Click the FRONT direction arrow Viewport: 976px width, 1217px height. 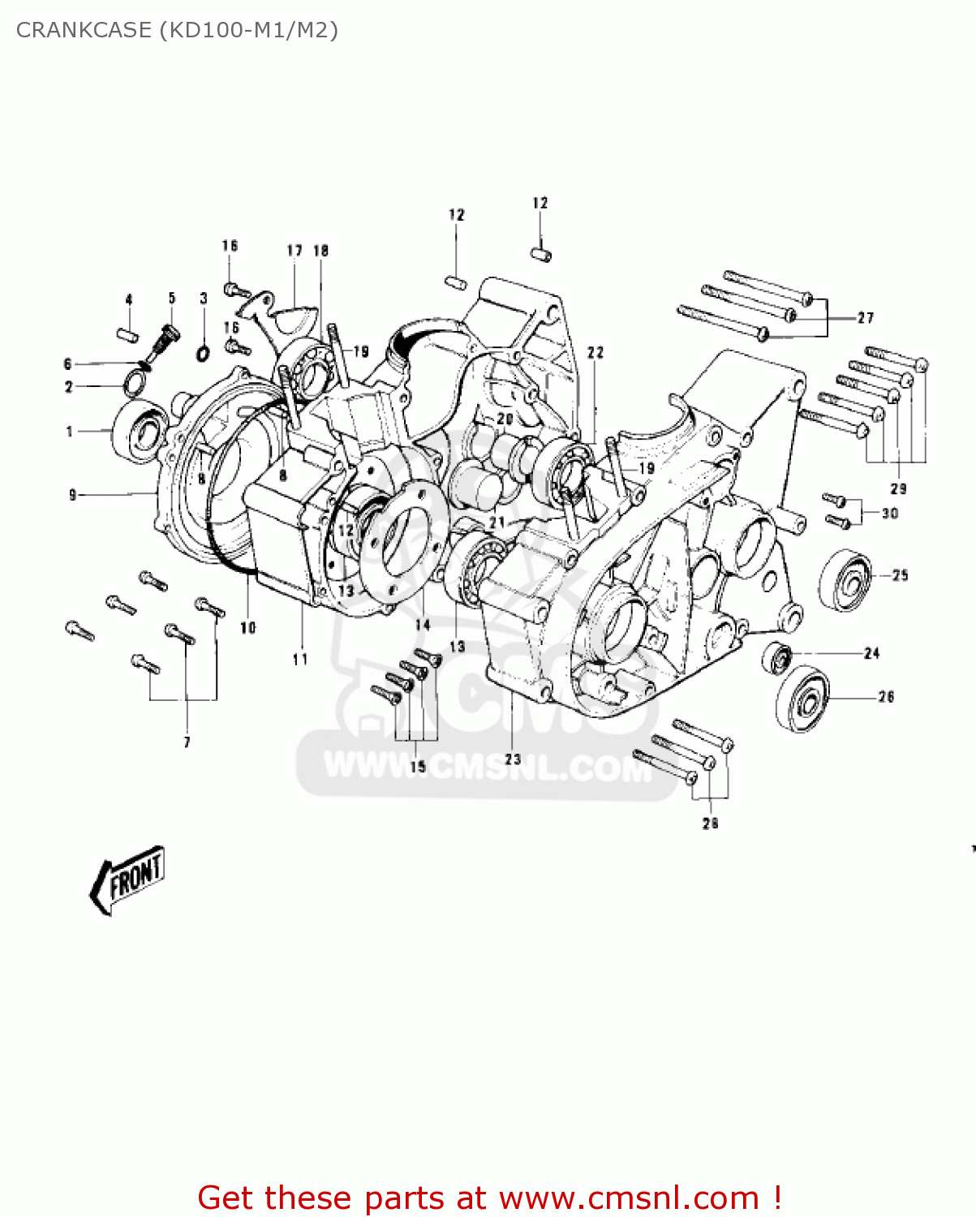(128, 879)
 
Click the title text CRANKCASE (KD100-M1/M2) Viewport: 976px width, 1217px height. (177, 30)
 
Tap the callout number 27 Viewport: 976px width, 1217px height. (866, 318)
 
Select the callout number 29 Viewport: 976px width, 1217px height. (898, 488)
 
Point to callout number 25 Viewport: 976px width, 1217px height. (901, 575)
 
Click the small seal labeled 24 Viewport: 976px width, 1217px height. (778, 656)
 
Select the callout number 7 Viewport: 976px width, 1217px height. (187, 742)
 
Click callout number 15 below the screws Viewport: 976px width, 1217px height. (418, 767)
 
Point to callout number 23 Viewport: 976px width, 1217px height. (513, 759)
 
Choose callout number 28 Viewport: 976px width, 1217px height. (710, 823)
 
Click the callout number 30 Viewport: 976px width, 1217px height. (890, 513)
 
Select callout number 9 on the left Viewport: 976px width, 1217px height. (73, 494)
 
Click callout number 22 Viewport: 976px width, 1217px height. (595, 352)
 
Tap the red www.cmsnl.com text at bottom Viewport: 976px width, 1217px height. (629, 1198)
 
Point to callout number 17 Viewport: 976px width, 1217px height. (295, 251)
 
